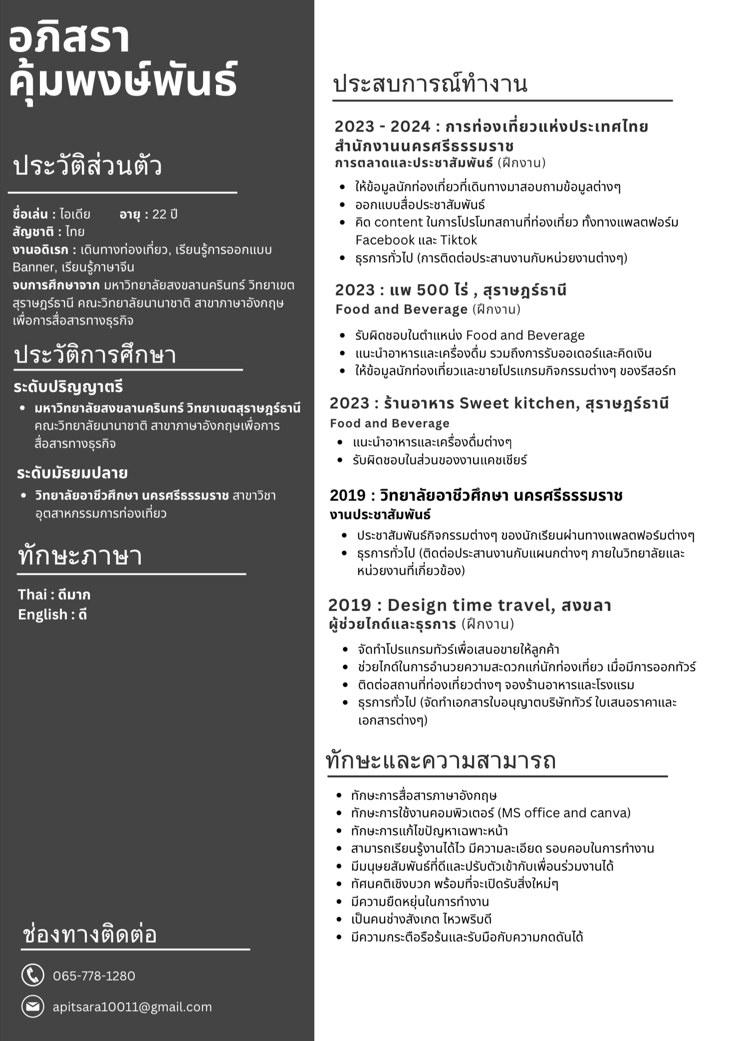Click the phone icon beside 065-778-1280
click(x=33, y=975)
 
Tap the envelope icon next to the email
click(x=33, y=1007)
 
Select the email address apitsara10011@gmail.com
click(x=132, y=1007)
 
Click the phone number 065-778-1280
click(x=94, y=976)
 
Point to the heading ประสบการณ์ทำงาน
click(x=430, y=84)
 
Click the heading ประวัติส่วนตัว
click(x=87, y=166)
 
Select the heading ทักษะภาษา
click(x=80, y=556)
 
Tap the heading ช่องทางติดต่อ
click(x=90, y=934)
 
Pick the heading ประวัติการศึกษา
click(x=95, y=355)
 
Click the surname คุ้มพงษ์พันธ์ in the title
click(x=123, y=80)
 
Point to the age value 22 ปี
click(x=165, y=214)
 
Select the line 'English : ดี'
click(x=52, y=614)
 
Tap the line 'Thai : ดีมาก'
click(x=54, y=594)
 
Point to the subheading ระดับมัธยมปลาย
click(x=72, y=473)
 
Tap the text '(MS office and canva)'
click(x=564, y=813)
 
